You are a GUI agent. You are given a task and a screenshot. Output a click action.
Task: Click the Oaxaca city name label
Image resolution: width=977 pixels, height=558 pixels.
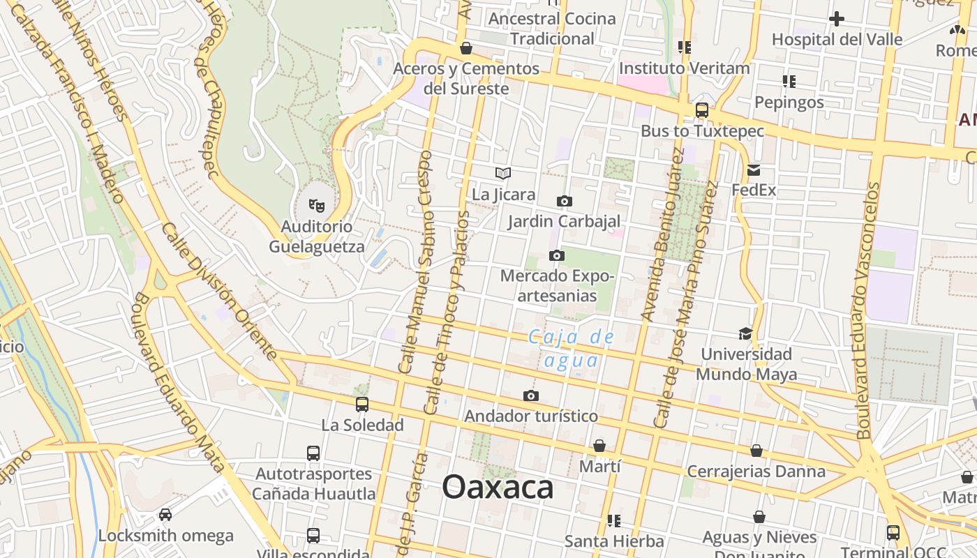pos(498,487)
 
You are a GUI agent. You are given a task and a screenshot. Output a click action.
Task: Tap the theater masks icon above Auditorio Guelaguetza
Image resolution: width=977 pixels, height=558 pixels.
pos(317,205)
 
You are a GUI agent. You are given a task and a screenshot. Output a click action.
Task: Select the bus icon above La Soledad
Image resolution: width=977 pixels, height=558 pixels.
pos(361,404)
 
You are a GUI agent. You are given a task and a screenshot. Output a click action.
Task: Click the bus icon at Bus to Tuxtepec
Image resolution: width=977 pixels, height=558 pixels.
pos(702,110)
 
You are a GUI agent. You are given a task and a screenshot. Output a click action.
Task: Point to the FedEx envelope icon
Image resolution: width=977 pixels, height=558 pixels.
pos(754,169)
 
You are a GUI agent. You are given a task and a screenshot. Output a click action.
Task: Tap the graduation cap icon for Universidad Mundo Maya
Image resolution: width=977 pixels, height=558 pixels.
pos(746,333)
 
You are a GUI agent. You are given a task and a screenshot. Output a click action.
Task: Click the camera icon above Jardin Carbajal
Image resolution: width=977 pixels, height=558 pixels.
pos(564,202)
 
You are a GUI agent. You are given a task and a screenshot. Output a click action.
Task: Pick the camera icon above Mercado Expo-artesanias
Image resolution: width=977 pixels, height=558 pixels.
pos(556,255)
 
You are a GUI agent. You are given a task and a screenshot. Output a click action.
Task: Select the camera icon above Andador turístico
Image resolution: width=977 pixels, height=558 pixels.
pos(531,396)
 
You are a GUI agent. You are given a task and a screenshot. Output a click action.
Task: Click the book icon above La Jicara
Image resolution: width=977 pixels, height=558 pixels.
pos(503,174)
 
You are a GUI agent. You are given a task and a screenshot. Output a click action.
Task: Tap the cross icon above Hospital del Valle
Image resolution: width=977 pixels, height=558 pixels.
pos(837,19)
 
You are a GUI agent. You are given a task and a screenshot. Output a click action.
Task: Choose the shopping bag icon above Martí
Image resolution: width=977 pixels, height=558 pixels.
pos(599,446)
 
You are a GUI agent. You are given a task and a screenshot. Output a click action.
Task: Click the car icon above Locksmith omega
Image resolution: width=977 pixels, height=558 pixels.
pos(165,515)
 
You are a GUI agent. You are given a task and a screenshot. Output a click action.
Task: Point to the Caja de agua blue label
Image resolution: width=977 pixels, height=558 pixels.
pos(572,349)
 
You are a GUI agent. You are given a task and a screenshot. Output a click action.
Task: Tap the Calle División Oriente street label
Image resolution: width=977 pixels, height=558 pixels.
pos(219,290)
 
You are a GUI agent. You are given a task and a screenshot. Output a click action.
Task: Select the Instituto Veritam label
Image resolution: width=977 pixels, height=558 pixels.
pos(684,68)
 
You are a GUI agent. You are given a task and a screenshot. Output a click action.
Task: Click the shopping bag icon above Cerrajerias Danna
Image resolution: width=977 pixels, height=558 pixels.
pos(756,451)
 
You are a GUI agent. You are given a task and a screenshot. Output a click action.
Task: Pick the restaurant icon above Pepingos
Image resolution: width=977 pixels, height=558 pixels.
pos(789,82)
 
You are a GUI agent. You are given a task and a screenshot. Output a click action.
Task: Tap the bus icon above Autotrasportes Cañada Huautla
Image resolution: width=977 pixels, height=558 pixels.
pos(313,453)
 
